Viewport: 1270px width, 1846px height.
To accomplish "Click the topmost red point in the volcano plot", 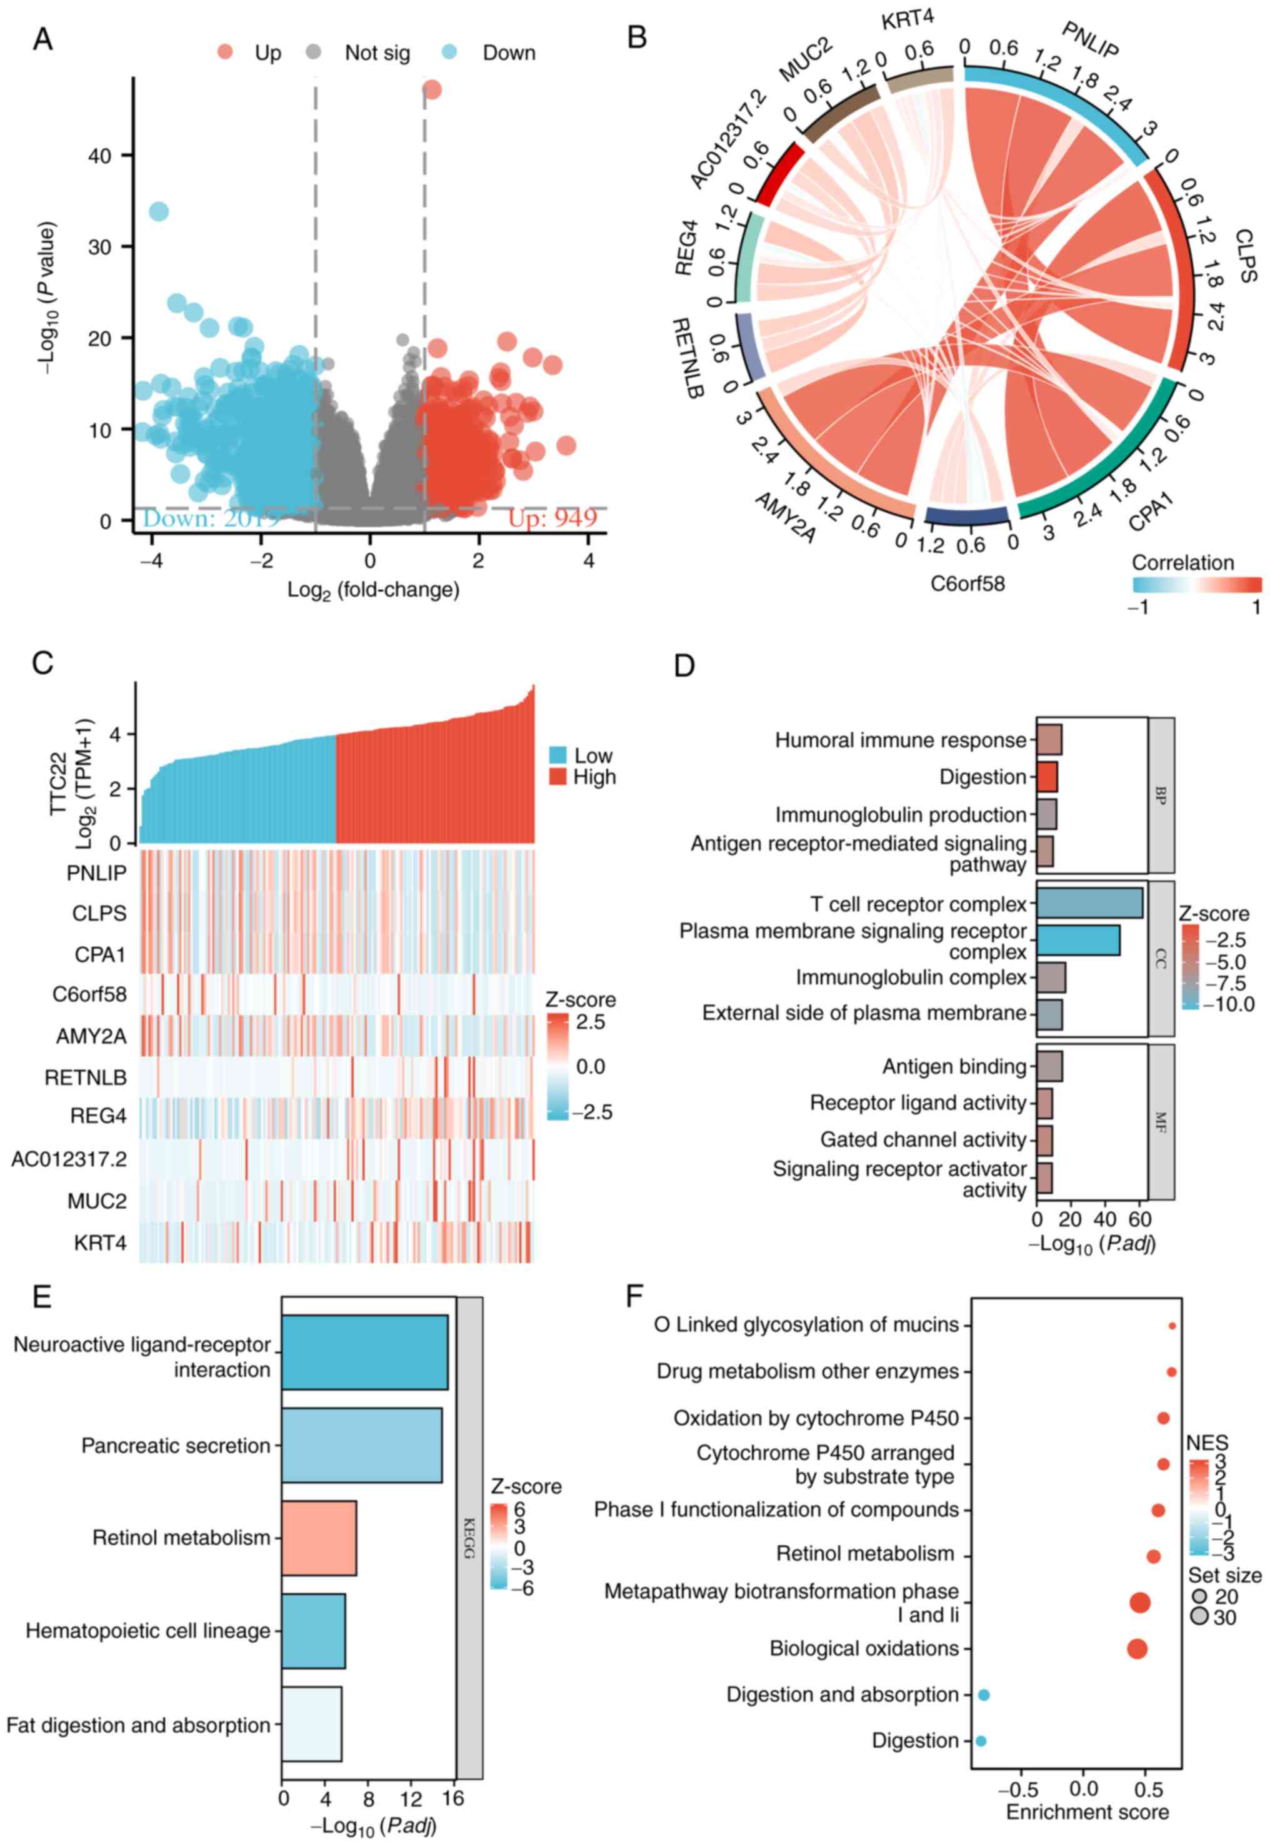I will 431,89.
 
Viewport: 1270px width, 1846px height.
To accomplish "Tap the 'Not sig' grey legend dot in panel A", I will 314,53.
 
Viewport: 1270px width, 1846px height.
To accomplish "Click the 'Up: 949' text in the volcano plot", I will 552,519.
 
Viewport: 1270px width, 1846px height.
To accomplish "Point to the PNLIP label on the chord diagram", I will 1090,41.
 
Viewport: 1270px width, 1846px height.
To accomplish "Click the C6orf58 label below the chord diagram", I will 967,583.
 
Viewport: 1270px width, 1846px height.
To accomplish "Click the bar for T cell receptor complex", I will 1089,904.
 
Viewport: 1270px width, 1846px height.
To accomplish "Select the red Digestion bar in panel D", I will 1046,777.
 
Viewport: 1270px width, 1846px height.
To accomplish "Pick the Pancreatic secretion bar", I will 361,1445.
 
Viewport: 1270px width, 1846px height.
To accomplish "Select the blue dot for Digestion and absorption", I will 984,1695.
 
